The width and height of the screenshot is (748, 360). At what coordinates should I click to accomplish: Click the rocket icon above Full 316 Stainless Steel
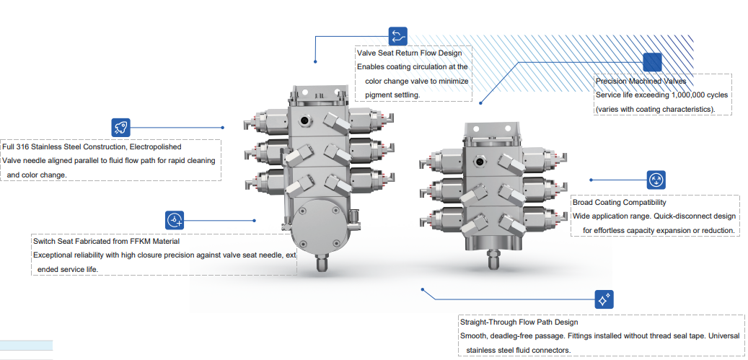point(120,128)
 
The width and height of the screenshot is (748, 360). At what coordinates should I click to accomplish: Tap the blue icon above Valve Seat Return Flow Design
point(398,36)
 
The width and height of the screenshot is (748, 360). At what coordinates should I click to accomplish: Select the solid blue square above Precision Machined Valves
point(652,62)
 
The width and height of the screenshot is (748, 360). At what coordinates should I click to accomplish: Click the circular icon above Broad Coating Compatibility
point(656,180)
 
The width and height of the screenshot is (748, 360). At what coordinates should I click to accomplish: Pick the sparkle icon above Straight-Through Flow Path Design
point(604,299)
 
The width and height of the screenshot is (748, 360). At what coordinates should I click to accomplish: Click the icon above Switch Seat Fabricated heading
point(175,220)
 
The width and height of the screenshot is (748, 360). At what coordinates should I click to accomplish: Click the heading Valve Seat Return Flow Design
point(409,53)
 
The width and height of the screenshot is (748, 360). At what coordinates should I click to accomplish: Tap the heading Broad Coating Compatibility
point(620,203)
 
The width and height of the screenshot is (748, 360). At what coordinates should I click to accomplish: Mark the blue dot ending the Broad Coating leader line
point(591,180)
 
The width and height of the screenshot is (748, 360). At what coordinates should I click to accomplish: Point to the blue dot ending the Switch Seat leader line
point(255,220)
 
